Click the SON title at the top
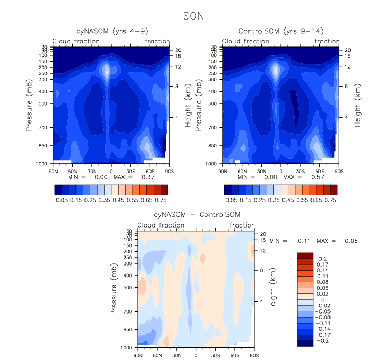tap(193, 16)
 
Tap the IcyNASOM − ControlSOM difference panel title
tap(196, 215)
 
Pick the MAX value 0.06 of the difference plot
tap(351, 241)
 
